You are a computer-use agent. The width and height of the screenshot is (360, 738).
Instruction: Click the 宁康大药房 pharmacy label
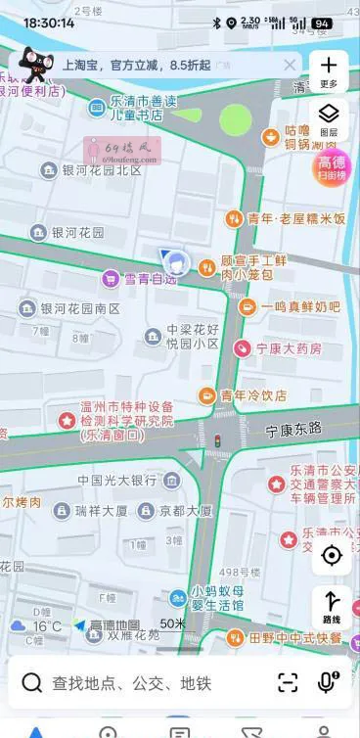[x=288, y=348]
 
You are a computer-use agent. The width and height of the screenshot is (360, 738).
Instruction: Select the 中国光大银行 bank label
[x=117, y=481]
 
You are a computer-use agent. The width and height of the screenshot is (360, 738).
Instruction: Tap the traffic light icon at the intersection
[x=216, y=441]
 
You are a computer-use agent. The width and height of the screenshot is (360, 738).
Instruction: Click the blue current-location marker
[x=176, y=262]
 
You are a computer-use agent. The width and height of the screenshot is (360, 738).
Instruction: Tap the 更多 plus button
[x=329, y=70]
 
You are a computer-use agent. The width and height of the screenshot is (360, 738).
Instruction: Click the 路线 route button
[x=331, y=607]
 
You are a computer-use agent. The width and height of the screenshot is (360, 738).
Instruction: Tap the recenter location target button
[x=331, y=556]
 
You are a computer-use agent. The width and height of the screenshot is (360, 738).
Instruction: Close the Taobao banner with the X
[x=290, y=66]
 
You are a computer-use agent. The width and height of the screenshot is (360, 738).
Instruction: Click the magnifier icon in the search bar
[x=32, y=683]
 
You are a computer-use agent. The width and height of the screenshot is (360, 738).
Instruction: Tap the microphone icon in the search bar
[x=328, y=682]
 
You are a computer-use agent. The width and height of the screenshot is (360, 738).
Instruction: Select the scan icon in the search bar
[x=288, y=683]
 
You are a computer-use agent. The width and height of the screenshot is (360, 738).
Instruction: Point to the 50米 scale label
[x=172, y=623]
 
